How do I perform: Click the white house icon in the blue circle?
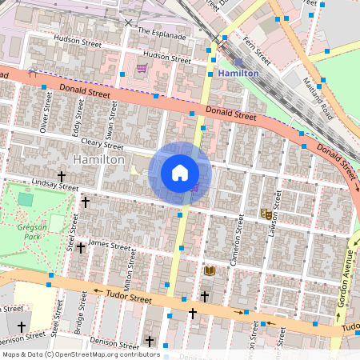pos(180,172)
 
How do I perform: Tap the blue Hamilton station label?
pos(238,73)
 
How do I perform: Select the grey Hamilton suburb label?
pos(98,160)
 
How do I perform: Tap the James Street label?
pos(109,243)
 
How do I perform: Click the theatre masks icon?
pos(265,214)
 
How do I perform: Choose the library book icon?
pos(210,272)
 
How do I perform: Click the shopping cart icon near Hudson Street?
pos(142,68)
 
